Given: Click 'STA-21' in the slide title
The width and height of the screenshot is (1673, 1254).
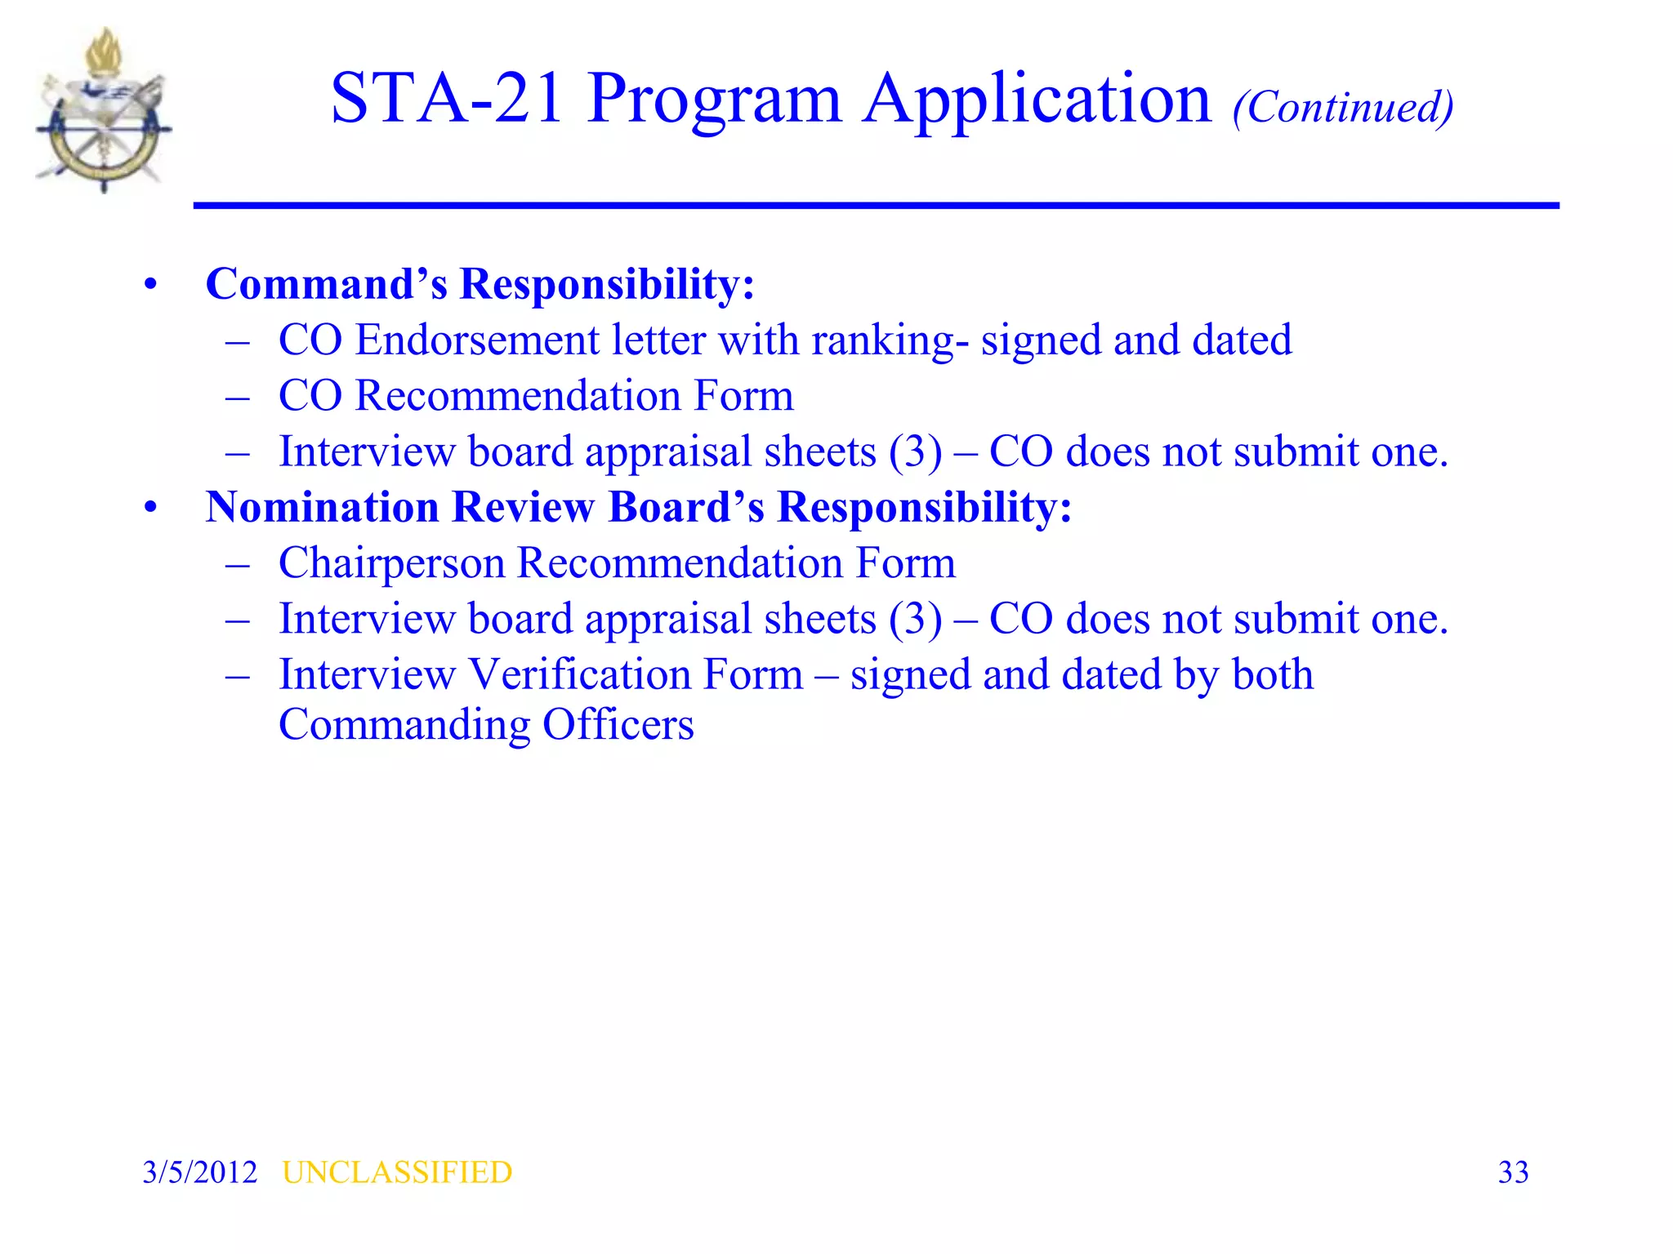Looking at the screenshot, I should coord(446,99).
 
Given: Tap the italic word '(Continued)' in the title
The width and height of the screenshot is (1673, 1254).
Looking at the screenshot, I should coord(1343,107).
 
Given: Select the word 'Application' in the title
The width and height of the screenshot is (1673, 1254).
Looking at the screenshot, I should coord(1037,100).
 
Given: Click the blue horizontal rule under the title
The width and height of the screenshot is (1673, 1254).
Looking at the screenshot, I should coord(876,206).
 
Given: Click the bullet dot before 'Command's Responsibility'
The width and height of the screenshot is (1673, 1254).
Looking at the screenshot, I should coord(150,285).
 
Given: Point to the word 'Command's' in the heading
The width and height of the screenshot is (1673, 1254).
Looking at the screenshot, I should coord(326,284).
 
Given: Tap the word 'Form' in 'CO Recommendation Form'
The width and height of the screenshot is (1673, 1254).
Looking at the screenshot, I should coord(743,396).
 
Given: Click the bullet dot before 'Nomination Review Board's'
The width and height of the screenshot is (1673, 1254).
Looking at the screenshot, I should coord(150,508).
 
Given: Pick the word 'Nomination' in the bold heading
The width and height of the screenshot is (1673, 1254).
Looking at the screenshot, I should coord(323,507).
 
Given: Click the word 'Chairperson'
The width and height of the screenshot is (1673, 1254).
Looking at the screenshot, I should coord(391,564).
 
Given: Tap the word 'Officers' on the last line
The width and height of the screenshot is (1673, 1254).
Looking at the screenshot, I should coord(618,725).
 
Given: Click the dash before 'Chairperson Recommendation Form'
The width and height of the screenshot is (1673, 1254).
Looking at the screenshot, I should coord(238,564).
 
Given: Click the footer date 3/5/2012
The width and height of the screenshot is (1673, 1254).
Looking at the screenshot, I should coord(200,1172).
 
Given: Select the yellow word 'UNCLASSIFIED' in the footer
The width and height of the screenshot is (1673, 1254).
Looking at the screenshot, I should coord(397,1172).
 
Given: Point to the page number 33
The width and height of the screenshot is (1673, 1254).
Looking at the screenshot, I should coord(1513,1172).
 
